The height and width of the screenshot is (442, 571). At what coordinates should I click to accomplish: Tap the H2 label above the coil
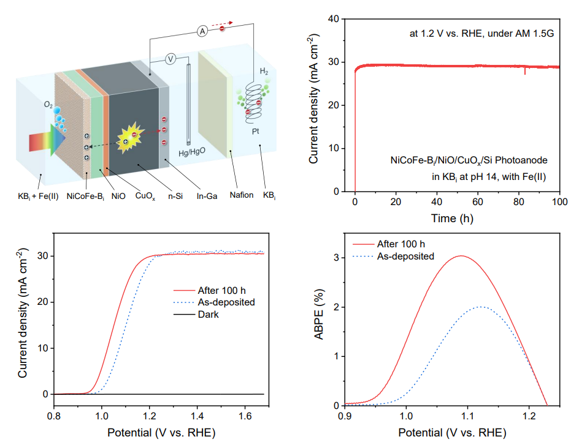pos(264,72)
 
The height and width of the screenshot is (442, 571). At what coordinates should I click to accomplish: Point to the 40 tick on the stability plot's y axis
pos(334,19)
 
